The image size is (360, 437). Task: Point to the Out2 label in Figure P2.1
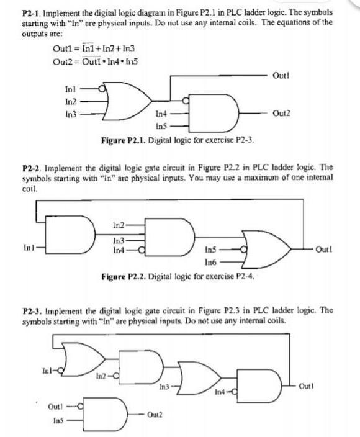click(280, 114)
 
